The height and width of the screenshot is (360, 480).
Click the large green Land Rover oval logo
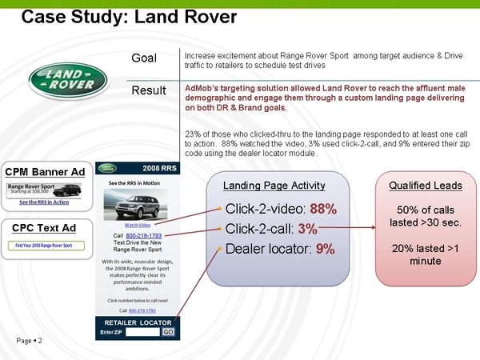pyautogui.click(x=67, y=80)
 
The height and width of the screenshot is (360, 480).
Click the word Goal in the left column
pyautogui.click(x=144, y=58)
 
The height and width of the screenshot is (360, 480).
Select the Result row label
pyautogui.click(x=148, y=90)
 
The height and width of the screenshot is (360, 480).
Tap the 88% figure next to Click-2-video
pyautogui.click(x=323, y=210)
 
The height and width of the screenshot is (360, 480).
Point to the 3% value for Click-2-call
pyautogui.click(x=308, y=229)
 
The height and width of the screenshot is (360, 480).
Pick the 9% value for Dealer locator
pyautogui.click(x=325, y=249)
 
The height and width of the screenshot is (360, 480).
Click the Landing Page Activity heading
pyautogui.click(x=274, y=186)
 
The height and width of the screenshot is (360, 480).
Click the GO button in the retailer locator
pyautogui.click(x=168, y=332)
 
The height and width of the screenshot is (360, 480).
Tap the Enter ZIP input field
pyautogui.click(x=142, y=332)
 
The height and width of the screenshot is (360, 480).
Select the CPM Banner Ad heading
pyautogui.click(x=45, y=172)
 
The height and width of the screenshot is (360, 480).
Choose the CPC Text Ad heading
pyautogui.click(x=44, y=228)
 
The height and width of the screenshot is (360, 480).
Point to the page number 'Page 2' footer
pyautogui.click(x=28, y=342)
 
